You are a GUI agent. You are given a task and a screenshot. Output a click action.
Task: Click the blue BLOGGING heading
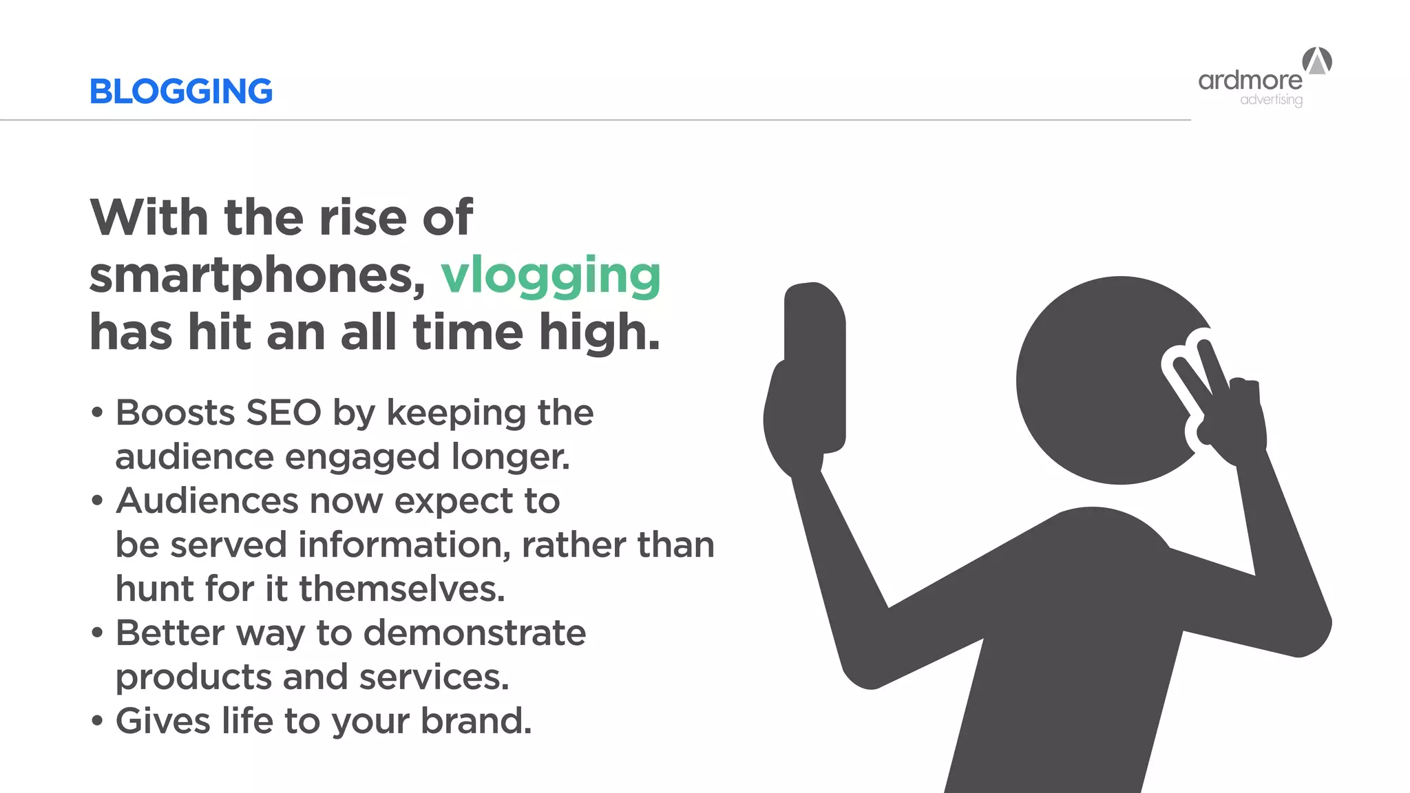[x=181, y=92]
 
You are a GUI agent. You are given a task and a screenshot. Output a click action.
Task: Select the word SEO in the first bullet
[x=284, y=413]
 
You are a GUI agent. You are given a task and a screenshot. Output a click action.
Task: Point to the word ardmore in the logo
[x=1250, y=81]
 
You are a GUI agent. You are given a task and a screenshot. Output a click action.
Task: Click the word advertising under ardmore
[x=1271, y=100]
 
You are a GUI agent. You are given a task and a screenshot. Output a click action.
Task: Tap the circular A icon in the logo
[x=1317, y=61]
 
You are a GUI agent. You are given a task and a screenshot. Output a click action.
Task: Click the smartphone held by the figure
[x=815, y=365]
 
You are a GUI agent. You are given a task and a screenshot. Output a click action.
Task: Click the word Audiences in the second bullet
[x=207, y=501]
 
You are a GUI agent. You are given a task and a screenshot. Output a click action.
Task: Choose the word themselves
[x=402, y=589]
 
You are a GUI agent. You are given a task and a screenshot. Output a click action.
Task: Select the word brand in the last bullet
[x=476, y=721]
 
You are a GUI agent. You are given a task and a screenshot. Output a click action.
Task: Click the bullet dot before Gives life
[x=97, y=722]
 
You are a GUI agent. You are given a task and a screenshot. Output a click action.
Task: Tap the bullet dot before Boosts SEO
[x=97, y=414]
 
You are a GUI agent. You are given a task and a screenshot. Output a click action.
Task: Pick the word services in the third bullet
[x=434, y=677]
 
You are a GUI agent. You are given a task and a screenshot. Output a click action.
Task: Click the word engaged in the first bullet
[x=362, y=458]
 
